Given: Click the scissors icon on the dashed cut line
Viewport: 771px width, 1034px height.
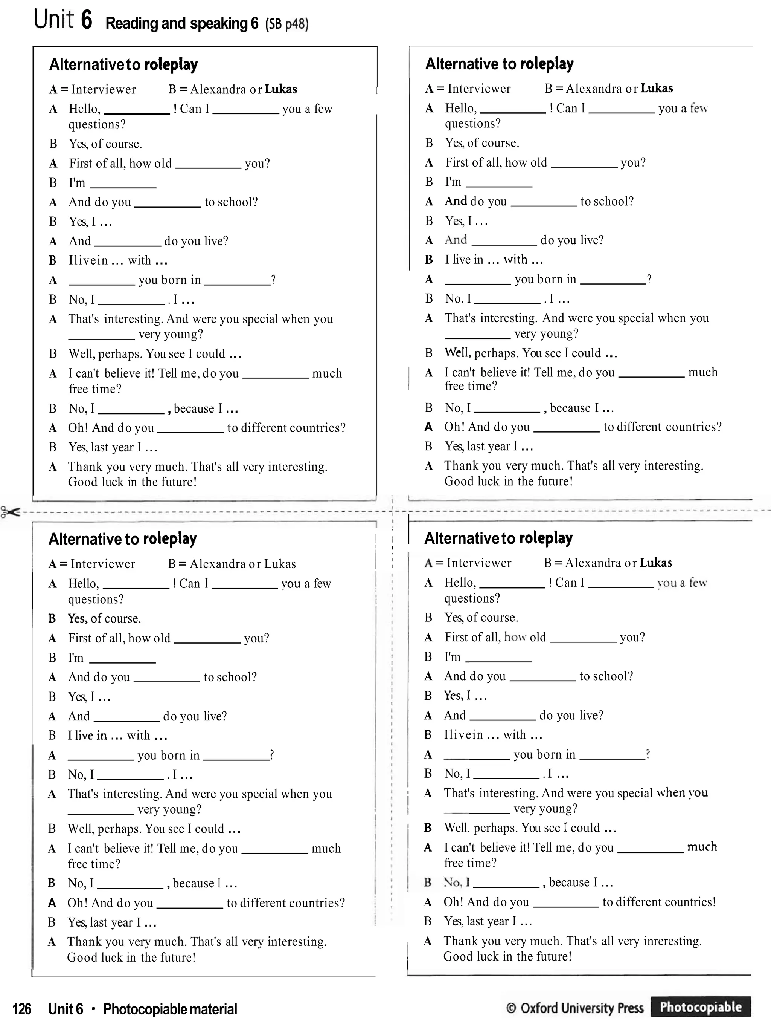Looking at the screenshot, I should [x=10, y=512].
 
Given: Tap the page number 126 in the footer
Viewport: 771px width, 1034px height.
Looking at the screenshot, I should [x=21, y=1009].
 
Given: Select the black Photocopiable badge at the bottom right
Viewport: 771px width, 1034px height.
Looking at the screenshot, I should [x=700, y=1007].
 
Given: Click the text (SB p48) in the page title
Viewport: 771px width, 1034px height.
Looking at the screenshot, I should [x=286, y=23].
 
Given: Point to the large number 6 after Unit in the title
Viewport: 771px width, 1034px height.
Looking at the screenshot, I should [x=86, y=20].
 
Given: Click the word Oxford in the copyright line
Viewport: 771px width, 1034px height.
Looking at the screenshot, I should [x=539, y=1008].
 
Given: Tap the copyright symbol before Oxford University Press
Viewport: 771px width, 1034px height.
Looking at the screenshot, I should [x=511, y=1008].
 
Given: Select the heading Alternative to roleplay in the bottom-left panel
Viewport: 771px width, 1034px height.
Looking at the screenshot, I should [x=123, y=539].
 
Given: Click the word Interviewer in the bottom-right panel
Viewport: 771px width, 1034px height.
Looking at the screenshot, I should [x=479, y=563].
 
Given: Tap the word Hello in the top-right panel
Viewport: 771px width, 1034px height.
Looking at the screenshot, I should [x=460, y=109].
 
